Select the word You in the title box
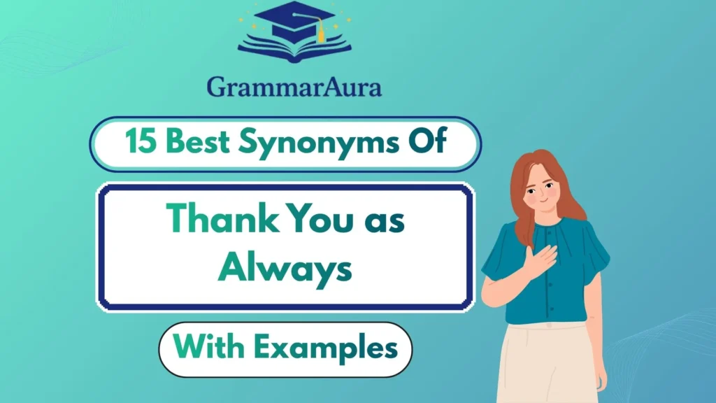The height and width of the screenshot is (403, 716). (x=315, y=222)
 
